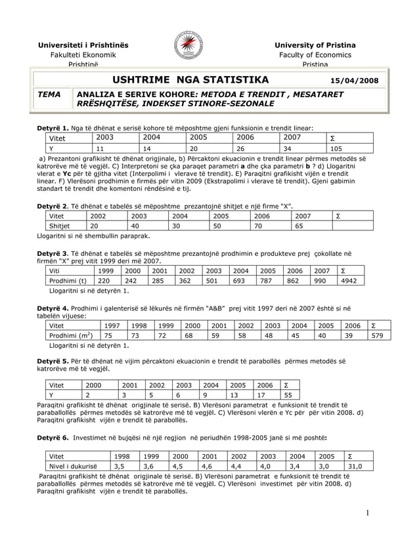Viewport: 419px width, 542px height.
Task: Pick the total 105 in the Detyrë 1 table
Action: (x=336, y=148)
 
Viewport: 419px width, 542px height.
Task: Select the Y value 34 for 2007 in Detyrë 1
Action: (x=290, y=148)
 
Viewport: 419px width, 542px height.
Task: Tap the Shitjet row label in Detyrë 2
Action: (x=60, y=226)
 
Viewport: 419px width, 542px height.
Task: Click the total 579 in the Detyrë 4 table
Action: (x=377, y=336)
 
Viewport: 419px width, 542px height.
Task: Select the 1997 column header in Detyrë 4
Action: (x=112, y=325)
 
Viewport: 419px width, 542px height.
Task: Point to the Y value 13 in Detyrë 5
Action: (x=236, y=395)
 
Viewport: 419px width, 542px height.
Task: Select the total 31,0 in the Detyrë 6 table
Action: (x=355, y=467)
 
